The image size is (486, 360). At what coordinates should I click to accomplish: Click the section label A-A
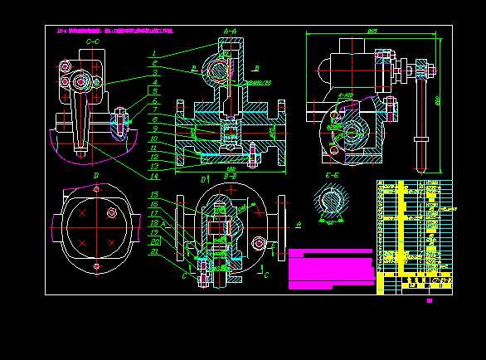pos(230,30)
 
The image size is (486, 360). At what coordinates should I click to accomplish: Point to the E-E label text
pos(333,176)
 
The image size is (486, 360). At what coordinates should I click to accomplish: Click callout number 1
pos(154,54)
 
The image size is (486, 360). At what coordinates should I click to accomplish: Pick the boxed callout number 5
pos(154,90)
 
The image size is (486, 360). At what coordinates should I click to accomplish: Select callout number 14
pos(154,176)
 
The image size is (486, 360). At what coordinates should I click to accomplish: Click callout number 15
pos(154,195)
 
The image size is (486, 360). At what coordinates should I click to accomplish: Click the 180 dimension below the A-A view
pos(230,170)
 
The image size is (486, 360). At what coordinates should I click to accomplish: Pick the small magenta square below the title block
pos(430,300)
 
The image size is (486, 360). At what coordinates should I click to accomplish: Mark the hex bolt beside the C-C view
pos(121,116)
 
